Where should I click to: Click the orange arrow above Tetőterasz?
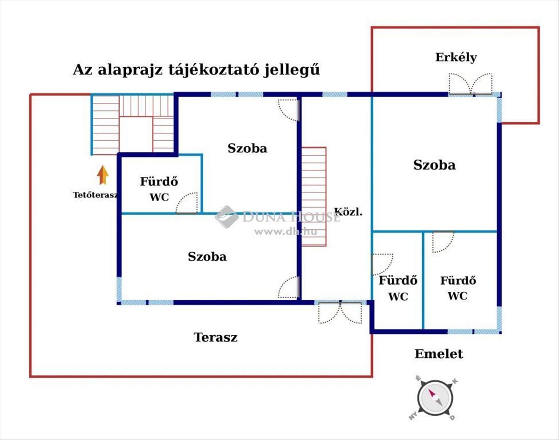click(103, 175)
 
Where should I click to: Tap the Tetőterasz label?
click(95, 195)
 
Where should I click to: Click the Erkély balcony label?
click(456, 57)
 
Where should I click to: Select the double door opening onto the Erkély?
click(470, 84)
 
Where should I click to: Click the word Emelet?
click(439, 354)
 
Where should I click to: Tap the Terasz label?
click(215, 337)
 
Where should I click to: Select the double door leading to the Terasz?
click(340, 312)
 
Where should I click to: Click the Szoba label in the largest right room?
click(434, 165)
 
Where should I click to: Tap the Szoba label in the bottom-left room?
click(207, 256)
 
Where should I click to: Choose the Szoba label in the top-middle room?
click(247, 148)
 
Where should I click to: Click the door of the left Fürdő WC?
click(188, 204)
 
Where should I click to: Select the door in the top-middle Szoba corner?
click(288, 110)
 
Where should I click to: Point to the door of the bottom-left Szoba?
click(288, 287)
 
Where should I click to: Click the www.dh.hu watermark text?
click(279, 231)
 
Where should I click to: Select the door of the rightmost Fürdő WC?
click(443, 242)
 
